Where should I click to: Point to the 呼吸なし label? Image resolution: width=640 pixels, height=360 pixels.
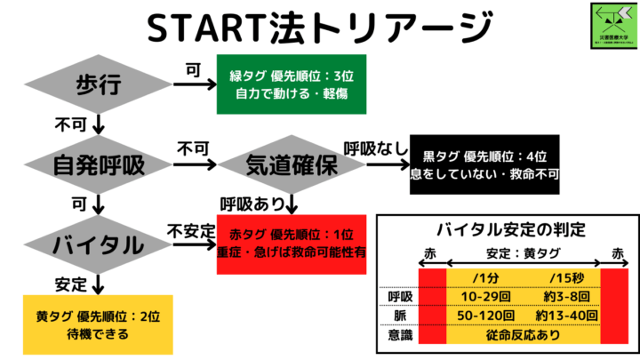click(x=372, y=147)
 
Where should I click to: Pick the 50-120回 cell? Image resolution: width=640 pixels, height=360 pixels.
click(x=483, y=316)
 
